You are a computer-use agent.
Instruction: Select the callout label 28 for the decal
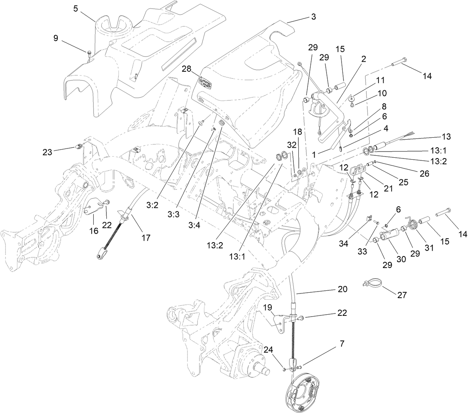click(x=186, y=69)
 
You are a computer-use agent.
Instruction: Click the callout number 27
click(x=402, y=295)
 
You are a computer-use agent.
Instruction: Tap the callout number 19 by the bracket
click(x=267, y=307)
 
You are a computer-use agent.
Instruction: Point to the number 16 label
click(x=94, y=231)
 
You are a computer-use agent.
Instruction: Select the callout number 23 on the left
click(x=47, y=152)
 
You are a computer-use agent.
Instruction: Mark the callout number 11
click(x=380, y=80)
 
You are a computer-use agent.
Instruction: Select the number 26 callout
click(x=424, y=174)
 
